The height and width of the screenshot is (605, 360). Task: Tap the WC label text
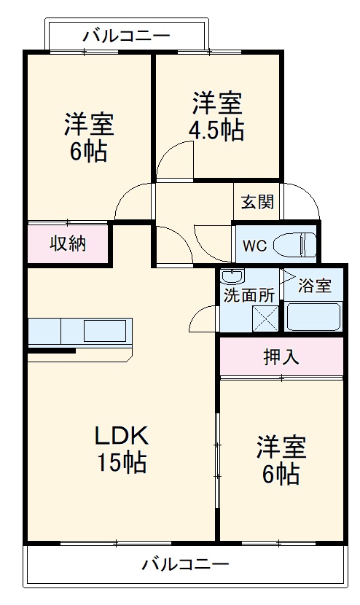coord(254,245)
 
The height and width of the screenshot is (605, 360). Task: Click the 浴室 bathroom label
coord(315,286)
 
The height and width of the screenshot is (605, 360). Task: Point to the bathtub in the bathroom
coord(313,317)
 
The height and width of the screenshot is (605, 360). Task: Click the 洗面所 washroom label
coord(249,296)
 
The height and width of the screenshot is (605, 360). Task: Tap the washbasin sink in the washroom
coord(232,277)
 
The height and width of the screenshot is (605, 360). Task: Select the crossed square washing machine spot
coord(265,319)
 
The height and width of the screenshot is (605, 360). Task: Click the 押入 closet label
coord(281,358)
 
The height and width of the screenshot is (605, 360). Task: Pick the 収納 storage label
coord(67,243)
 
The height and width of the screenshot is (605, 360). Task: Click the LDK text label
coord(121,436)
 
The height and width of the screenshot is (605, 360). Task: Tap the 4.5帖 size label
coord(218,130)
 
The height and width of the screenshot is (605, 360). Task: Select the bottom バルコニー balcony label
coord(185,564)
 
